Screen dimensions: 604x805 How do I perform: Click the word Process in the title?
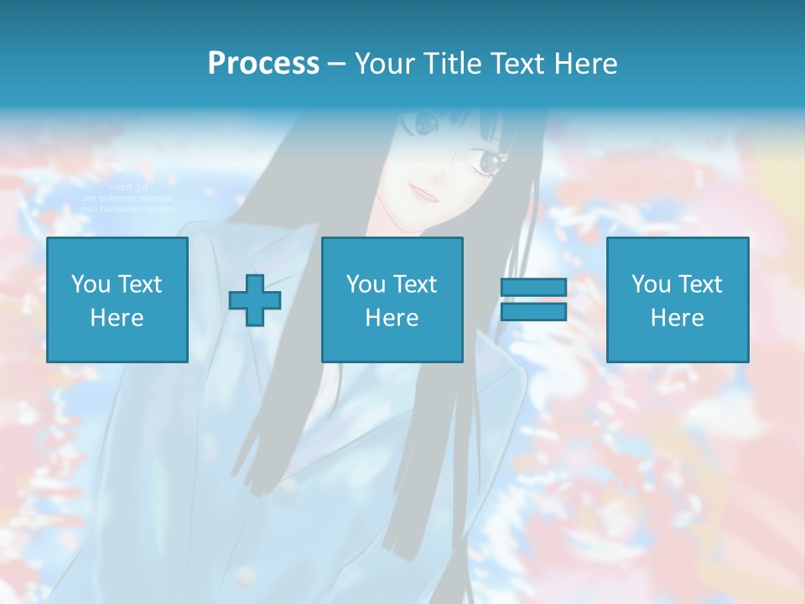pos(263,64)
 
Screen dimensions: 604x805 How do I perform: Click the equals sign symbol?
pos(533,299)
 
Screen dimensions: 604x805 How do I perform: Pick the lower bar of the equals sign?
pos(533,312)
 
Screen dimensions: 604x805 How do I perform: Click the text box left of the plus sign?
pos(117,299)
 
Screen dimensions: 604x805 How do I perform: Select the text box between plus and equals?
pos(392,299)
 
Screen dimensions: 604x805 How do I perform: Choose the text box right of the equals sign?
pos(677,299)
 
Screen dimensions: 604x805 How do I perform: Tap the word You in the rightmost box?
pos(651,285)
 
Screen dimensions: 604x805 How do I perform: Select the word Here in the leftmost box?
pos(117,318)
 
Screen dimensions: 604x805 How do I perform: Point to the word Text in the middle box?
pos(416,285)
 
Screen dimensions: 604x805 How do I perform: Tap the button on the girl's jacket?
pos(288,484)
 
